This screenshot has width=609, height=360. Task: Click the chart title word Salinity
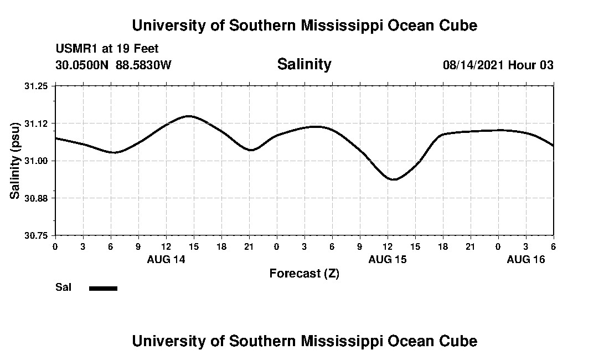point(304,64)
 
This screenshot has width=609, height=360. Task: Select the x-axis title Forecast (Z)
point(304,274)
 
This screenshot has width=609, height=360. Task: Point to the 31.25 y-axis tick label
point(37,86)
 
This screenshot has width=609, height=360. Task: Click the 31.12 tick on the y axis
point(37,123)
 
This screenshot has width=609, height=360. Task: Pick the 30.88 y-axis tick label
point(37,198)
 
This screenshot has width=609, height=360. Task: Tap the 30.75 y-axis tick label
point(37,235)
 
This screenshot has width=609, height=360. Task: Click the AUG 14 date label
point(166,259)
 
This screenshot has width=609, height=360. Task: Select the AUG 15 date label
point(388,259)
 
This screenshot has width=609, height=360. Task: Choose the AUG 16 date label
point(526,259)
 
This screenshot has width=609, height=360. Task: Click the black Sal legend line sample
point(103,288)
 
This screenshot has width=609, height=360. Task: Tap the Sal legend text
point(63,287)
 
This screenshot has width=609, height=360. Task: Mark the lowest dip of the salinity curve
point(393,179)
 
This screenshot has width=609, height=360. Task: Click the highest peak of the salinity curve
point(189,116)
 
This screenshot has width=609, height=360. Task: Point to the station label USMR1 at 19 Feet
point(107,49)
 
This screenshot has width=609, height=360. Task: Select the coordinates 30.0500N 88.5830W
point(113,65)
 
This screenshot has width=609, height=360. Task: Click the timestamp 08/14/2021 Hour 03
point(498,65)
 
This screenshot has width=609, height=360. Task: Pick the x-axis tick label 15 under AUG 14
point(194,246)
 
